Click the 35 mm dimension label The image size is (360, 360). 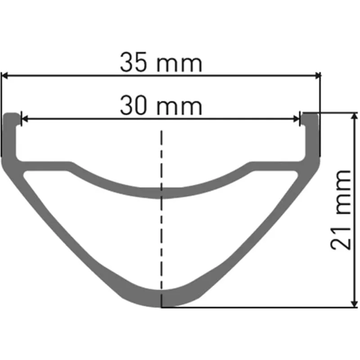coord(161,63)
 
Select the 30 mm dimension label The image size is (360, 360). coord(161,106)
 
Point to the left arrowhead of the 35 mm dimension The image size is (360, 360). coord(5,76)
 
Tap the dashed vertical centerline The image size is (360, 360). coord(161,225)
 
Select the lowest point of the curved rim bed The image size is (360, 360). coord(161,193)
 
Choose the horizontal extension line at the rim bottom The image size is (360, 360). coord(256,308)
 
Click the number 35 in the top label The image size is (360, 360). coord(134,63)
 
